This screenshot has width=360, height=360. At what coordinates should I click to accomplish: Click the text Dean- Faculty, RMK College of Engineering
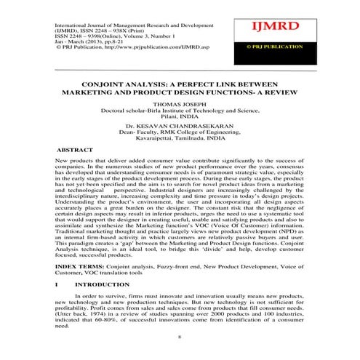[x=178, y=132]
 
